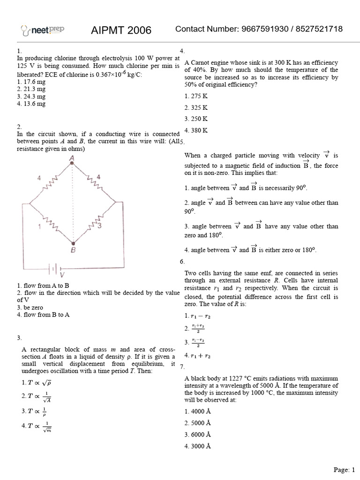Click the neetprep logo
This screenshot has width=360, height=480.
43,30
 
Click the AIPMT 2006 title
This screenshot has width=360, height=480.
121,30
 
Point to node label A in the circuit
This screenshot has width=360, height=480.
72,159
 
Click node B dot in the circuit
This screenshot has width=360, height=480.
73,243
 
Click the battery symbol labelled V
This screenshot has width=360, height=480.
55,269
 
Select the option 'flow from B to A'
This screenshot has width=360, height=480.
43,315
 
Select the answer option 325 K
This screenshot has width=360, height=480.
196,107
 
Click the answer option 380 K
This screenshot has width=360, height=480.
196,130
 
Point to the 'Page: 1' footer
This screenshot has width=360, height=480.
344,469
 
